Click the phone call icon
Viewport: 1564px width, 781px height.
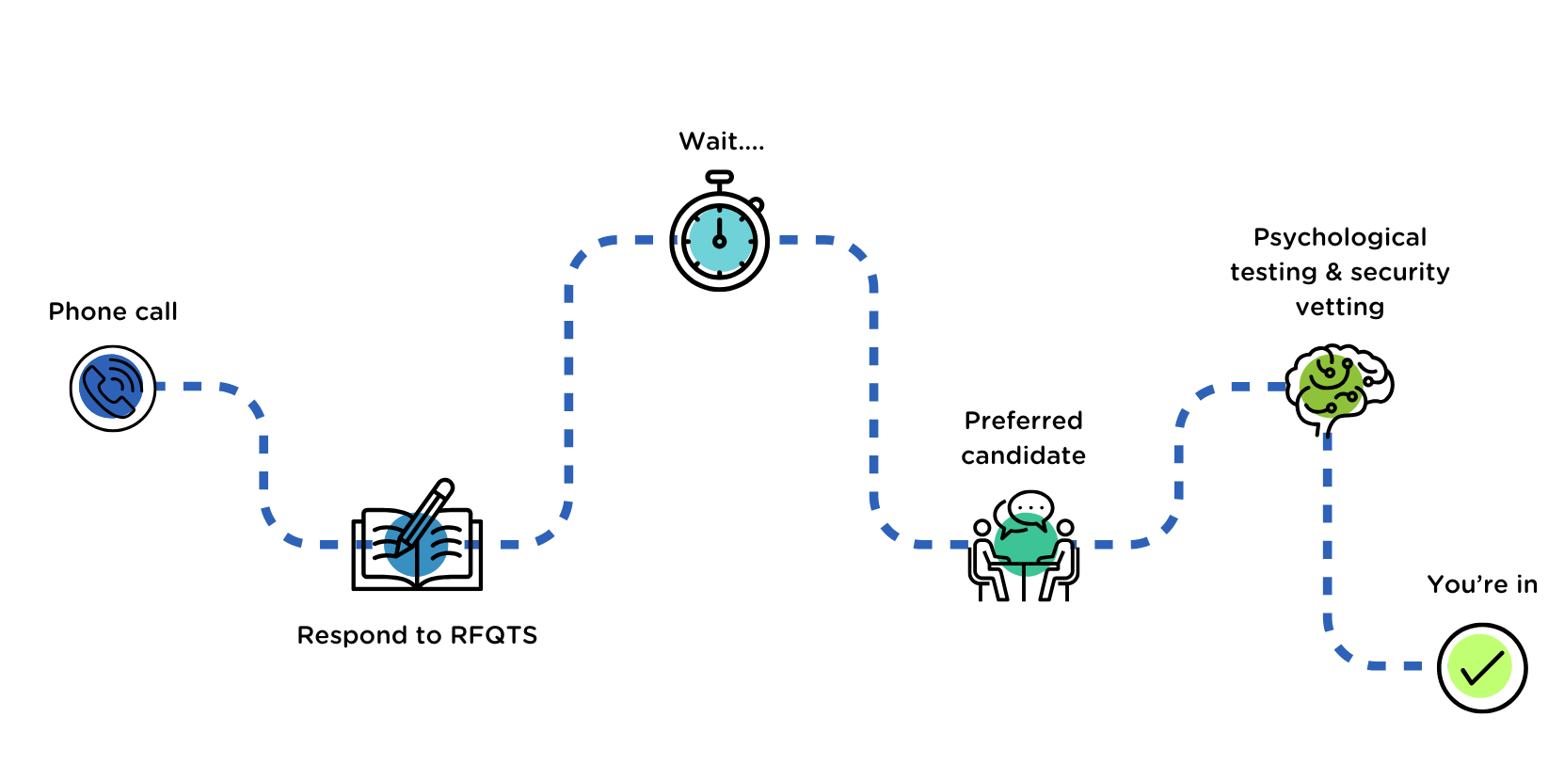[x=113, y=388]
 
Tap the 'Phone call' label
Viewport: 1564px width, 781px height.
[x=113, y=311]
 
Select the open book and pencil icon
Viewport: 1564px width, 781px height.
[x=417, y=541]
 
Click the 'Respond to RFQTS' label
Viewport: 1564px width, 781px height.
[x=417, y=635]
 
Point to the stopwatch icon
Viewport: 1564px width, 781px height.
[x=720, y=239]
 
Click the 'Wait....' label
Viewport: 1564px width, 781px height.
[x=722, y=141]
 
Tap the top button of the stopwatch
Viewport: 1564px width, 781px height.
[x=720, y=176]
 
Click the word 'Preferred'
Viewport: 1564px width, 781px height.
[x=1024, y=421]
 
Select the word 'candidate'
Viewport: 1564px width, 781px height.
[x=1024, y=455]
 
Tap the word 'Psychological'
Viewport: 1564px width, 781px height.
[x=1340, y=237]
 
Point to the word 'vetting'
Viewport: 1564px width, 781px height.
[x=1340, y=307]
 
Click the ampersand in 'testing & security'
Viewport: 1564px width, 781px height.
[x=1333, y=272]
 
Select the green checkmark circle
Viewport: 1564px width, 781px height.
[x=1482, y=668]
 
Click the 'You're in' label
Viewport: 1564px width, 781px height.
[x=1482, y=584]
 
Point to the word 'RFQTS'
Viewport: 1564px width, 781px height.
[x=494, y=635]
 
